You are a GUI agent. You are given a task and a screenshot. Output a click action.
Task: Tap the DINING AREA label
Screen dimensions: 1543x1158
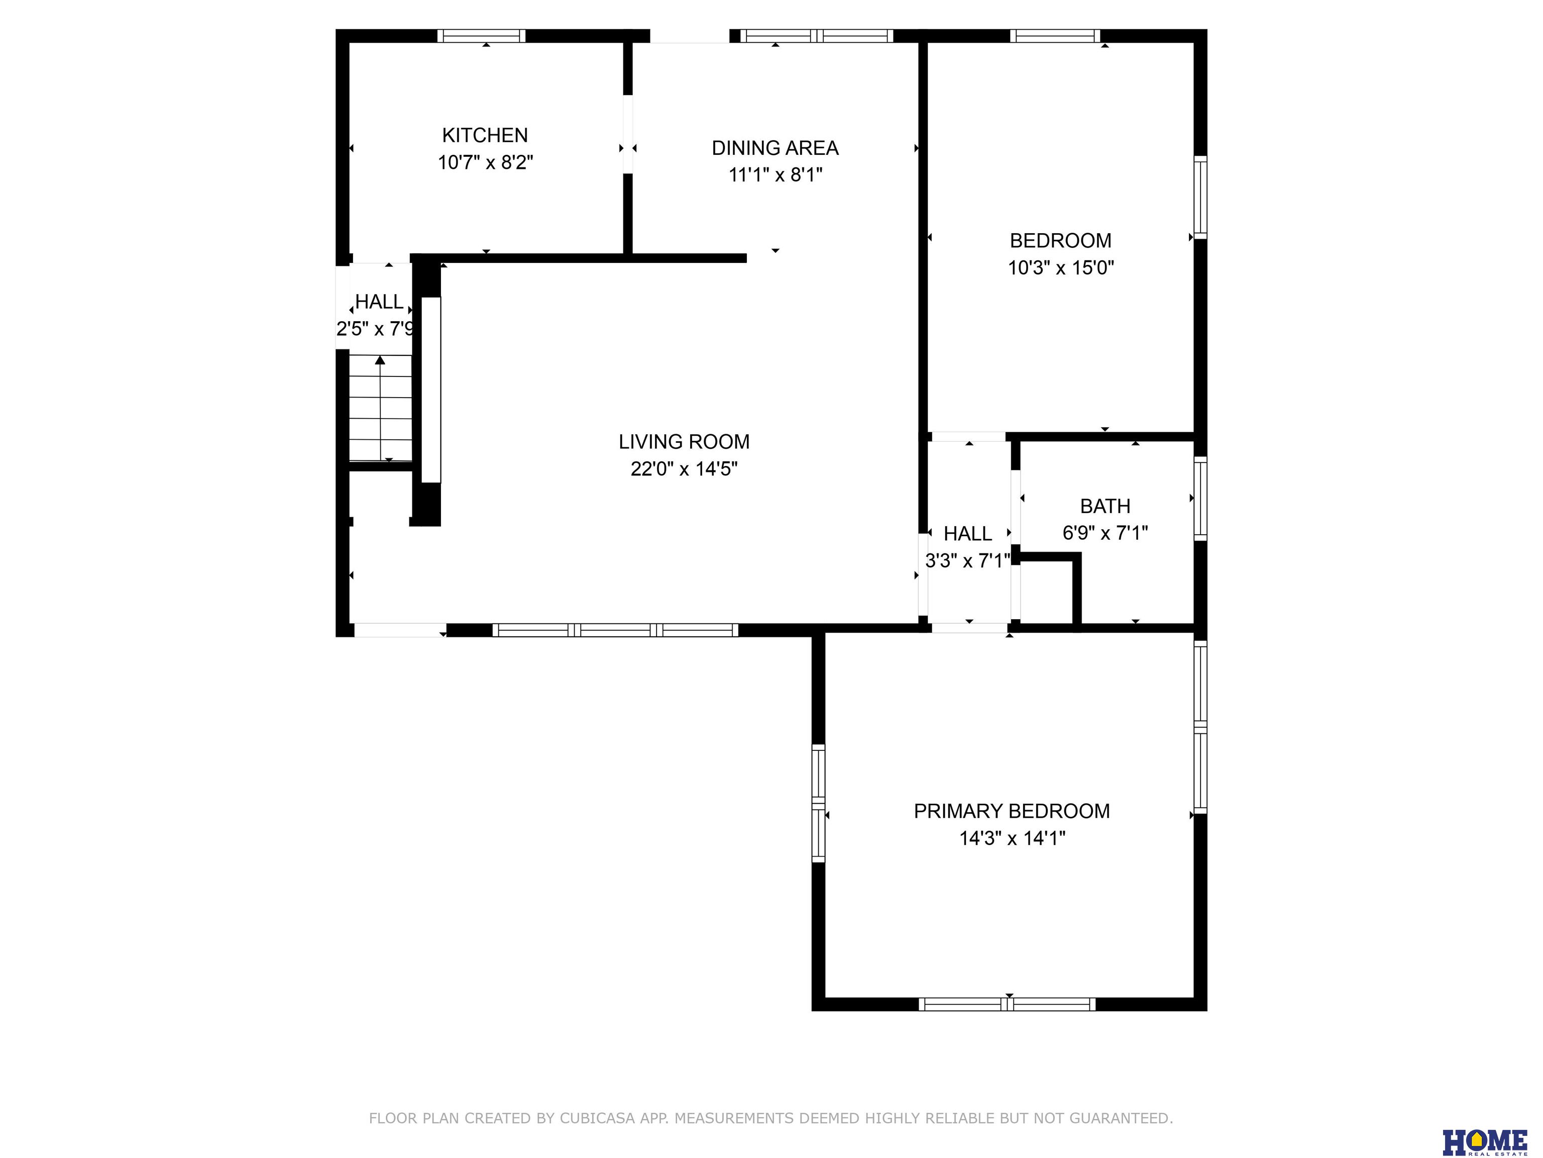[775, 148]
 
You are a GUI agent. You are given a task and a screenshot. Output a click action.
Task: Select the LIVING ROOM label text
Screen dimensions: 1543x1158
[684, 442]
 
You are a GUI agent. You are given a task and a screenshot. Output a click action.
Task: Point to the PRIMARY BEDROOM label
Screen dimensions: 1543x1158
[1012, 811]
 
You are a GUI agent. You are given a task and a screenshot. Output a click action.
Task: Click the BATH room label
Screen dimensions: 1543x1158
[1105, 506]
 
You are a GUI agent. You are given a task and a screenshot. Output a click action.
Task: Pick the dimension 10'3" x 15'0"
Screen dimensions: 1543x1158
[1060, 267]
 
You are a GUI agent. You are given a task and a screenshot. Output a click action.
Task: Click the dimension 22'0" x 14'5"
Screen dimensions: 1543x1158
[684, 468]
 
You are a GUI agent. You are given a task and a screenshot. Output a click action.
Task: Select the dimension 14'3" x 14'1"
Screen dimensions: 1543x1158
[1012, 838]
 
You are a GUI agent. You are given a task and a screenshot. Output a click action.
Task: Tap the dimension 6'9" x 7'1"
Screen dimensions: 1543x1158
[1105, 533]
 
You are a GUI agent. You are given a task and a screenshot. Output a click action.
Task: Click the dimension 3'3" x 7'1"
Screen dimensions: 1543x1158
[967, 560]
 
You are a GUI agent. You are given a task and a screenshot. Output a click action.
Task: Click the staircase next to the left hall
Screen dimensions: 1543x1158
[380, 408]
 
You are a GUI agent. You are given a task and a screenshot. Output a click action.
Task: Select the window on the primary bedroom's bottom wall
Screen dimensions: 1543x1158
[1007, 1004]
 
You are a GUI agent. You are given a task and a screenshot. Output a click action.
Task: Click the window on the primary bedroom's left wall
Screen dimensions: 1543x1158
[818, 803]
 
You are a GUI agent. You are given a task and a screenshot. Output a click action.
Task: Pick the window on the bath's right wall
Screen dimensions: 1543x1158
[1200, 499]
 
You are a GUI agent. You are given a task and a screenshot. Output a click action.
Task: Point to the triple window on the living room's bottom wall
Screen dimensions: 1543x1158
[615, 630]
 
